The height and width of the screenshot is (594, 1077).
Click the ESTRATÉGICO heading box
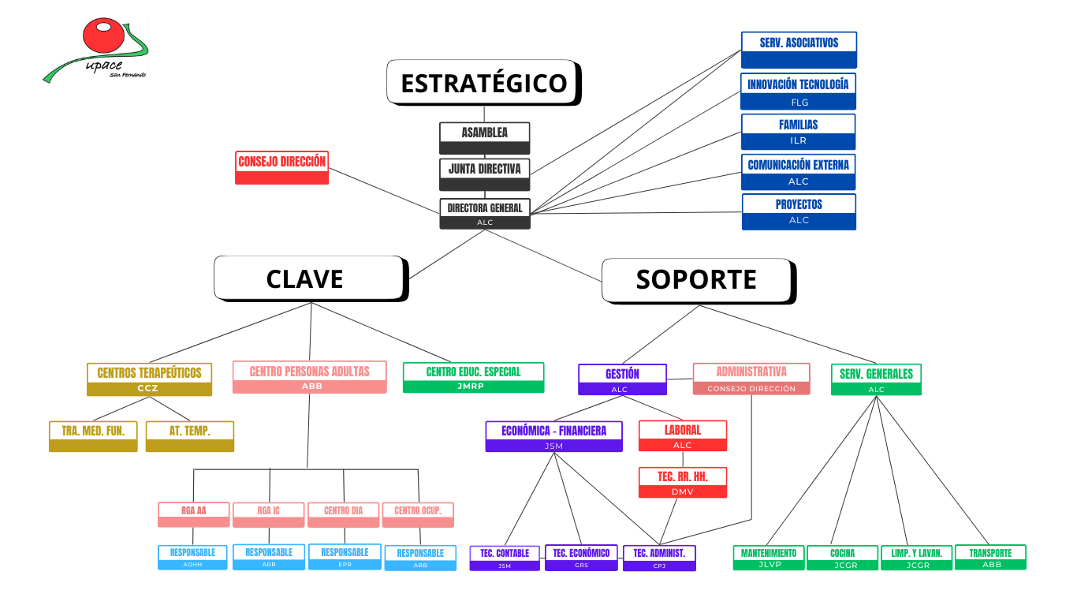click(x=483, y=82)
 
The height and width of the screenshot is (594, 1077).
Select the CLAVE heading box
click(x=310, y=278)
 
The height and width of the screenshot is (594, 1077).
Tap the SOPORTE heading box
click(x=697, y=280)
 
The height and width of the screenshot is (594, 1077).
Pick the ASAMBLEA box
click(x=484, y=137)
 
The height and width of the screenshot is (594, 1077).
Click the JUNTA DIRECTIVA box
click(x=484, y=174)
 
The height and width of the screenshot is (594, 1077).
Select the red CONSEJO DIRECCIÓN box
click(x=281, y=167)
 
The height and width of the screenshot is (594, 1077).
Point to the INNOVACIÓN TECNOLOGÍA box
click(x=798, y=91)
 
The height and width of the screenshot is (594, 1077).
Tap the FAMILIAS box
click(x=798, y=131)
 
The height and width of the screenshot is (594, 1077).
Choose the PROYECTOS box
click(x=799, y=211)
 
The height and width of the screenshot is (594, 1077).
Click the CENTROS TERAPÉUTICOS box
click(x=149, y=379)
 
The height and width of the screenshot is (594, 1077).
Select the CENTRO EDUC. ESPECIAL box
click(x=473, y=377)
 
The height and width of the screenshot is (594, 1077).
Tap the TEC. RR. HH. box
click(x=682, y=482)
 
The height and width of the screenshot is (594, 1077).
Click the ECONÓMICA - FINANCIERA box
click(x=553, y=436)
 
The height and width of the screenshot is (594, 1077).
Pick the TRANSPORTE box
click(x=990, y=556)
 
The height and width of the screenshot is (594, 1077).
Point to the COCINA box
click(x=842, y=556)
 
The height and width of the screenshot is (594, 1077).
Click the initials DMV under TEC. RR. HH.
click(x=682, y=491)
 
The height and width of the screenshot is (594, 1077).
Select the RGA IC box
click(x=268, y=514)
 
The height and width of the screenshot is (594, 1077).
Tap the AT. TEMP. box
click(x=189, y=435)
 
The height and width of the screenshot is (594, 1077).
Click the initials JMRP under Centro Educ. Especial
click(x=473, y=387)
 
